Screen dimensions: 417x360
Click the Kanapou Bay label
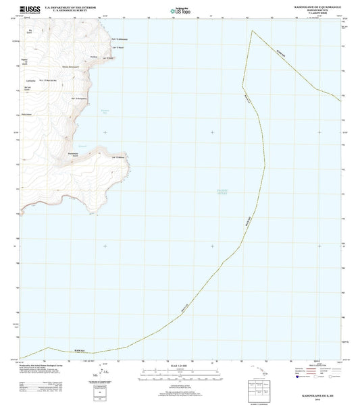tap(123, 111)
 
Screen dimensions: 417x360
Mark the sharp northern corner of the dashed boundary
tap(251, 31)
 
